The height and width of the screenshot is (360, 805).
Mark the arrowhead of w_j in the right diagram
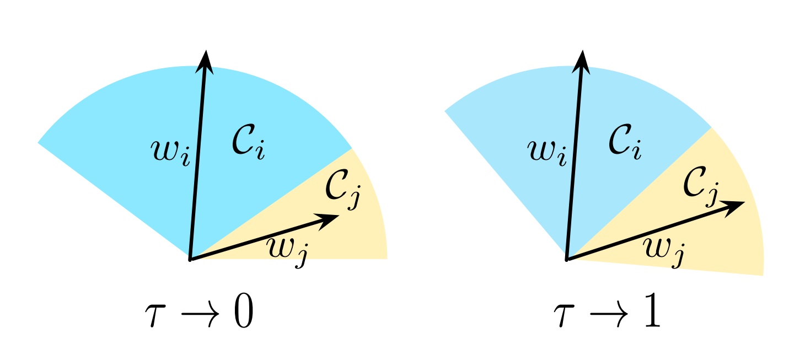pos(736,205)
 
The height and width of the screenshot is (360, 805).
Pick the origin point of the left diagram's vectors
pos(190,259)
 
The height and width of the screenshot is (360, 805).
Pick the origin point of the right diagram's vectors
pos(566,258)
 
